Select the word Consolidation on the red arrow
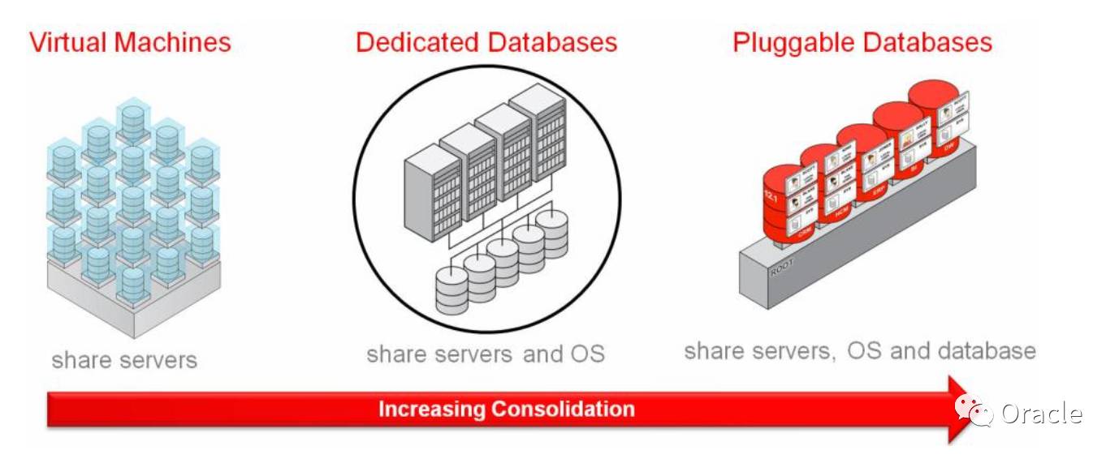tap(562, 409)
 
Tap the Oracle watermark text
tap(1041, 414)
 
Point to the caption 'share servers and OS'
tap(486, 354)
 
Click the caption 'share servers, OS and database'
tap(859, 350)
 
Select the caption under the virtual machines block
tap(124, 358)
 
